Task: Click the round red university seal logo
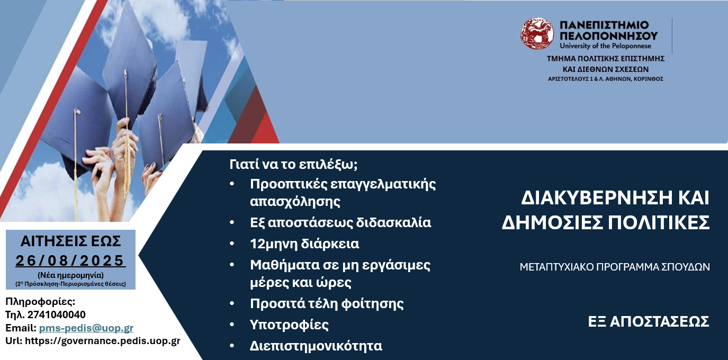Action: coord(537,33)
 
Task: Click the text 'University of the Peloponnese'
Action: coord(605,46)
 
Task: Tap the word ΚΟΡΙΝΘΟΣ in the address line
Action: coord(648,79)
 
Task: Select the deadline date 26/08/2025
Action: coord(70,260)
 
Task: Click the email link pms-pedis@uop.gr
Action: coord(86,328)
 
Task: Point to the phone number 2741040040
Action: coord(57,314)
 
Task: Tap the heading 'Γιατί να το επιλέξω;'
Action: coord(293,165)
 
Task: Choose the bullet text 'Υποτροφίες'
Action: coord(289,325)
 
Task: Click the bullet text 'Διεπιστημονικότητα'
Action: coord(316,346)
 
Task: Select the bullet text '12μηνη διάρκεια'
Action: coord(304,244)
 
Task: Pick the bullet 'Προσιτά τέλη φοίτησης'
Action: coord(327,303)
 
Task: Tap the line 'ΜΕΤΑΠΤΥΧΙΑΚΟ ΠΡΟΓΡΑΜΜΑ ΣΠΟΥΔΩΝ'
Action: coord(615,267)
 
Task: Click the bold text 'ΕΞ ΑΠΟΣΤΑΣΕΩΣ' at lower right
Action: coord(649,322)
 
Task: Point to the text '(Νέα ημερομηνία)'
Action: coord(70,275)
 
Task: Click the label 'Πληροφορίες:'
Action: coord(40,302)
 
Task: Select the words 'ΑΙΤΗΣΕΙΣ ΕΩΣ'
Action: coord(70,241)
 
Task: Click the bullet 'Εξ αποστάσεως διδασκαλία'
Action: coord(340,222)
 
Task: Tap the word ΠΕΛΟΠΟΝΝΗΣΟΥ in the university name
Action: coord(608,35)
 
